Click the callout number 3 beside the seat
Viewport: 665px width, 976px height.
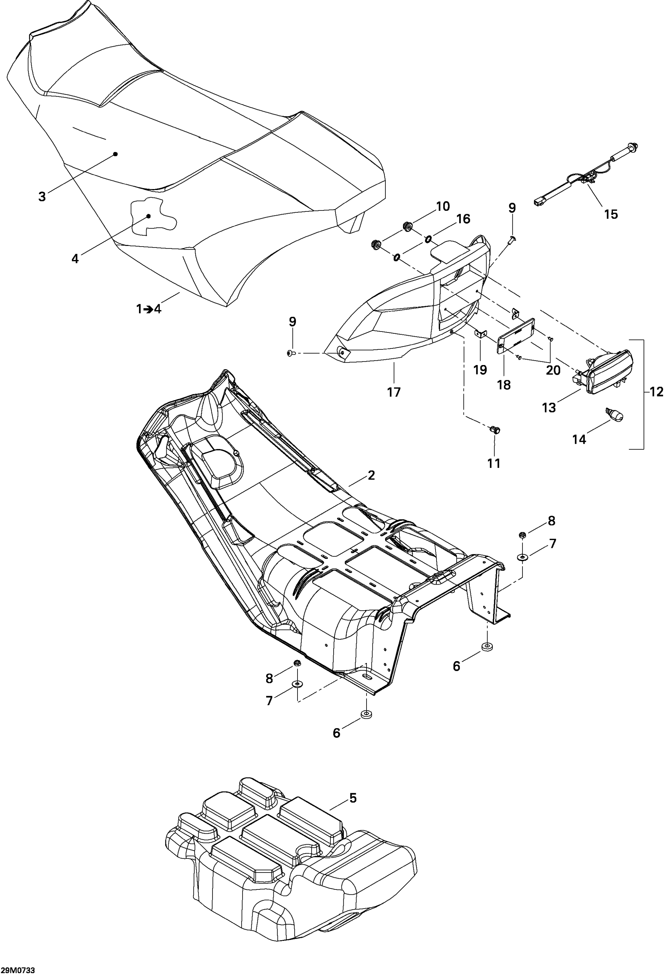[x=42, y=196]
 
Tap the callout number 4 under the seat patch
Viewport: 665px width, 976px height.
[x=75, y=258]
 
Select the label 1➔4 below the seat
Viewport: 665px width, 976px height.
[x=149, y=309]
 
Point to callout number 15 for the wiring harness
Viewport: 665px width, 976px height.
[x=611, y=214]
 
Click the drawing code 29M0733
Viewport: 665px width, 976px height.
[x=18, y=970]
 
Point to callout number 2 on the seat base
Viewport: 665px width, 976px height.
[x=371, y=475]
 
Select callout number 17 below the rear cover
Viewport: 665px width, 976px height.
[x=394, y=392]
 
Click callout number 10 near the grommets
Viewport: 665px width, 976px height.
[x=443, y=206]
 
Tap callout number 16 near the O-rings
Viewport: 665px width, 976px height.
[x=464, y=219]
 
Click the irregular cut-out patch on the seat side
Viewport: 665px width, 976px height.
[x=152, y=216]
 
